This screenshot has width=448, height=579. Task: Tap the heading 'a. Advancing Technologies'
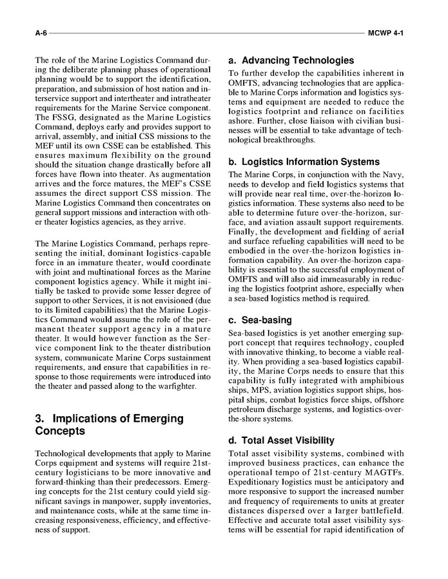[291, 61]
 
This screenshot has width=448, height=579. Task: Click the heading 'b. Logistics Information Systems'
[304, 162]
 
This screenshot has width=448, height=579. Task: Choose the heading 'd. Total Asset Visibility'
[281, 441]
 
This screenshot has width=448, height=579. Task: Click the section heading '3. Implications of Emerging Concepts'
[109, 424]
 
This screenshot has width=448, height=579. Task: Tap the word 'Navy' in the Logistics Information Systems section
[394, 175]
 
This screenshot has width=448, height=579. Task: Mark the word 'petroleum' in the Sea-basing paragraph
[247, 408]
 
